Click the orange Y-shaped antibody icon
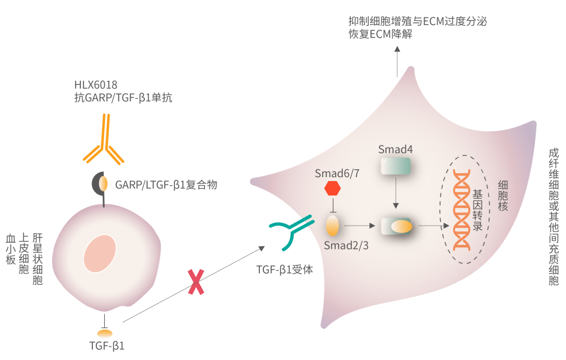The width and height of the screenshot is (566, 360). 104,140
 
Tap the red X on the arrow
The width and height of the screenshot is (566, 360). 196,282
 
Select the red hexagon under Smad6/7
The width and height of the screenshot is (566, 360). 332,188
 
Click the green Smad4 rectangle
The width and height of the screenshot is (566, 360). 395,166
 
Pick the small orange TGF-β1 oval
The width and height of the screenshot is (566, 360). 105,333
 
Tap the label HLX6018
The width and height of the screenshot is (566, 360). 95,85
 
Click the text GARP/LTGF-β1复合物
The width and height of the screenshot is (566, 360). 166,185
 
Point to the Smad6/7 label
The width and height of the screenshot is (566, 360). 337,173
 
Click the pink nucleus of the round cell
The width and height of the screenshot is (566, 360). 100,253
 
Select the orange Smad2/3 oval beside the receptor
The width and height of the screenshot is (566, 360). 332,226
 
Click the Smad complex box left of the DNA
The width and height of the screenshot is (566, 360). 396,226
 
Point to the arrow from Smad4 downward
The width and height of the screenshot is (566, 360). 395,197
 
